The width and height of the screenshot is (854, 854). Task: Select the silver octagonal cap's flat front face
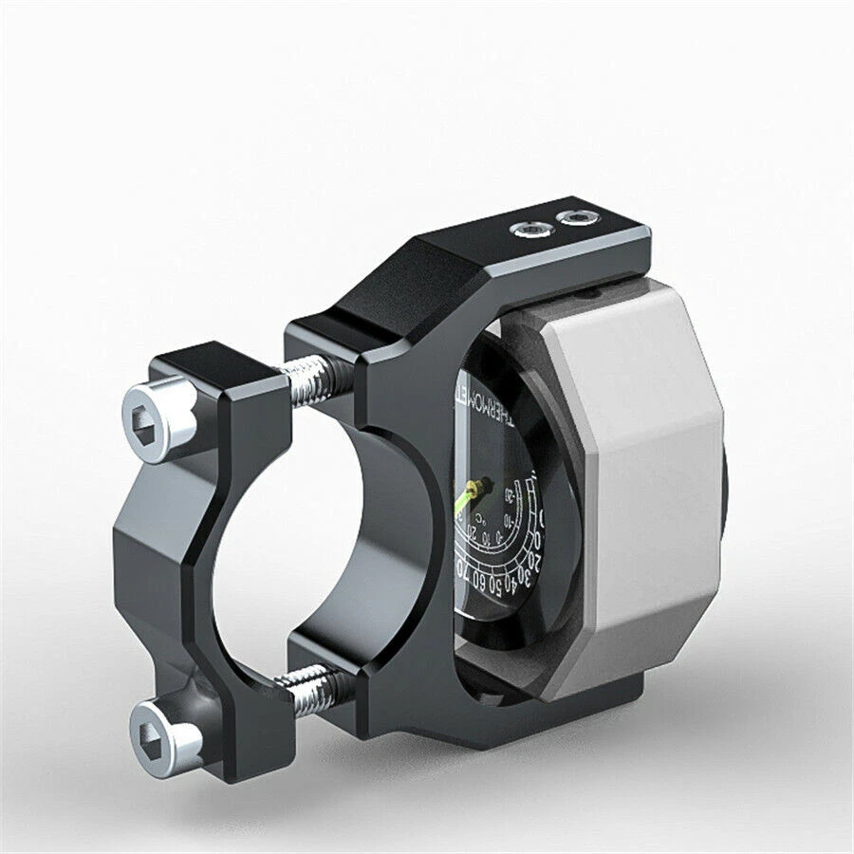(646, 474)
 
